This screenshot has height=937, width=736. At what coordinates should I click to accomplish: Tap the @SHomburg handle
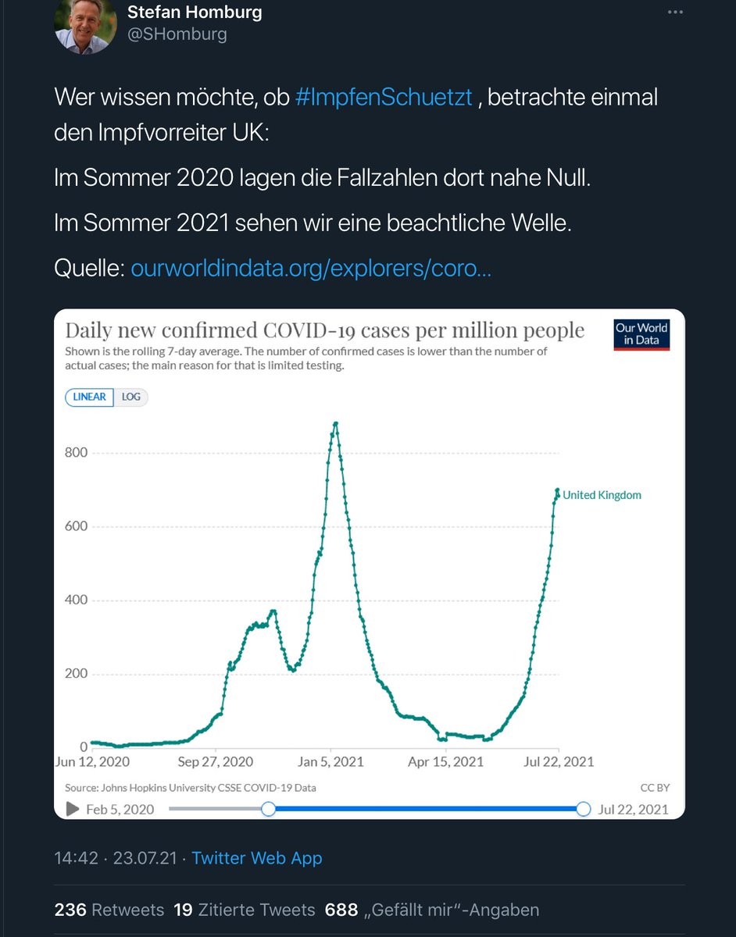tap(177, 34)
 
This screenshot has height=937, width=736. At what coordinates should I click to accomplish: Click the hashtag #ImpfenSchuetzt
tap(384, 98)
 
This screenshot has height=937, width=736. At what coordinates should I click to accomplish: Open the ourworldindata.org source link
tap(311, 269)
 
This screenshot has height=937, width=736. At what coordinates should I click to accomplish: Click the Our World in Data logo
tap(641, 334)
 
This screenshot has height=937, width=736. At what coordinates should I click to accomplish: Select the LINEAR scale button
tap(89, 397)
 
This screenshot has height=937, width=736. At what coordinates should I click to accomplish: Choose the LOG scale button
tap(131, 397)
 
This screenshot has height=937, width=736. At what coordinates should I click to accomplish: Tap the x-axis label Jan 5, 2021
tap(331, 762)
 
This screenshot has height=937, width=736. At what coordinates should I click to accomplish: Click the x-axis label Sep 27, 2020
tap(216, 762)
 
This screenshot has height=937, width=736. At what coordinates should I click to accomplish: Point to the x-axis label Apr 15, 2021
tap(445, 762)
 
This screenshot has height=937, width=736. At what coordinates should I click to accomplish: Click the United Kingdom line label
tap(602, 495)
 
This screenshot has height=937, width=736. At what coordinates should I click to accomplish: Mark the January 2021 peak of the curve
tap(335, 424)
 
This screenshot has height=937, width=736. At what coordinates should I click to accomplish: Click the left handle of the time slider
tap(268, 809)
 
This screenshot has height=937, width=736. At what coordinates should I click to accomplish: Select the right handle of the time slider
tap(583, 809)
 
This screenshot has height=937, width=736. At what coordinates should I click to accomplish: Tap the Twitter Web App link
tap(256, 858)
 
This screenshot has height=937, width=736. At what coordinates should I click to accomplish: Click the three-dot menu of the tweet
tap(675, 12)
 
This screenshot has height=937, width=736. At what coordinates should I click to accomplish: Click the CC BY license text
tap(655, 788)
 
